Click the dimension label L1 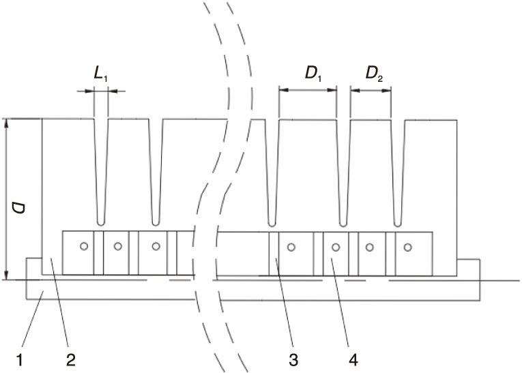(100, 74)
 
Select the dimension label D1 (313, 74)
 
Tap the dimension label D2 (374, 74)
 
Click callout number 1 (19, 360)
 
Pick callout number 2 (70, 360)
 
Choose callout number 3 (293, 360)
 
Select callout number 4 (353, 360)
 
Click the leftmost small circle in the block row (84, 246)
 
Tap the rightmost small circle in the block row (408, 248)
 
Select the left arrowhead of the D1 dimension (283, 90)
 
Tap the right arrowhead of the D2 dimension (386, 90)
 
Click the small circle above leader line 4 (336, 248)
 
